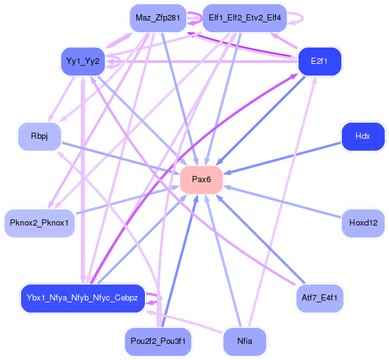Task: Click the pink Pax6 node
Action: [201, 180]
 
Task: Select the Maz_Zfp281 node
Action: [158, 18]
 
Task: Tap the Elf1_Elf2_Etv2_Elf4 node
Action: [245, 18]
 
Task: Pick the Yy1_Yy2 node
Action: [83, 61]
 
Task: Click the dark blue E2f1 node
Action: [320, 61]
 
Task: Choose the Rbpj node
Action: [40, 136]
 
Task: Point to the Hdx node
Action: [363, 136]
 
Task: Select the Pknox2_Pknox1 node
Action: [40, 223]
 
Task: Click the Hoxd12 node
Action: [363, 223]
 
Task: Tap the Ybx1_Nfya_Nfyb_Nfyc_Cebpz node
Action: [82, 298]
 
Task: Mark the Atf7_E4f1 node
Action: [320, 298]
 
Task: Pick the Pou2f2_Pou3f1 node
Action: [158, 341]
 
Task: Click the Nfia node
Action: [245, 341]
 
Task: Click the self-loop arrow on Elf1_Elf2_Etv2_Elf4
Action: [303, 18]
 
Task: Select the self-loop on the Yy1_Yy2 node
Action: [120, 61]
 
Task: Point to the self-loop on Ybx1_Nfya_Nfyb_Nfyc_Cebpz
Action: [160, 298]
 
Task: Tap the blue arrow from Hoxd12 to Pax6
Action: [282, 202]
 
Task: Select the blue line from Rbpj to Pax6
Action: [121, 158]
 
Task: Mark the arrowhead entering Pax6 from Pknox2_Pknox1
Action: [176, 187]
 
